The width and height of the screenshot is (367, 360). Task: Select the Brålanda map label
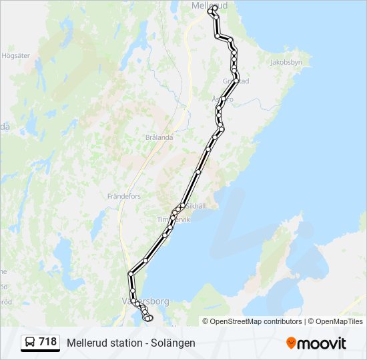coord(159,137)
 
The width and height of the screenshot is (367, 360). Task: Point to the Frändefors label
coord(124,197)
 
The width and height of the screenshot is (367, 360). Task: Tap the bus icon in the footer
coord(30,343)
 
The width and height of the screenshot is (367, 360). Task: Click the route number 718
coord(47,342)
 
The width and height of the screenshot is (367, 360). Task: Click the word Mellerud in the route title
coord(85,343)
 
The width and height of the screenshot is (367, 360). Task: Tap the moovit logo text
coord(322,343)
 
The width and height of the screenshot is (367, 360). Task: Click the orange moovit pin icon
coord(291,343)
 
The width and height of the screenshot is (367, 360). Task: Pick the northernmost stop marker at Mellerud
coord(214,9)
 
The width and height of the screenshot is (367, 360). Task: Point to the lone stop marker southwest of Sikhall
coord(145,260)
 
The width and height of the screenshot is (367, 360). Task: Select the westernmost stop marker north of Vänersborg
coord(130,274)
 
